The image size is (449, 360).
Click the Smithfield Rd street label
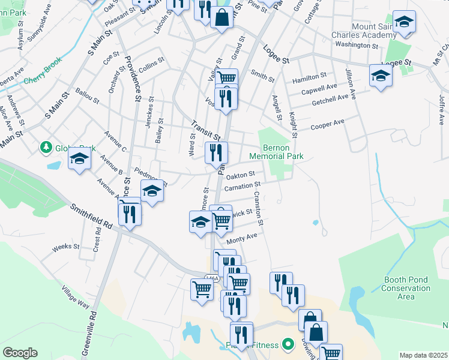[92, 217]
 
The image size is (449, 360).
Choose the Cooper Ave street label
[327, 125]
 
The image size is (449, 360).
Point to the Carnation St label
[242, 187]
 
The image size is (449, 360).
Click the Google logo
[20, 353]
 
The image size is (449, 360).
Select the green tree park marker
[45, 147]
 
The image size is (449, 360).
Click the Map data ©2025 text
[423, 355]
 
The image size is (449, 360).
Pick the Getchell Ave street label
[330, 100]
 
